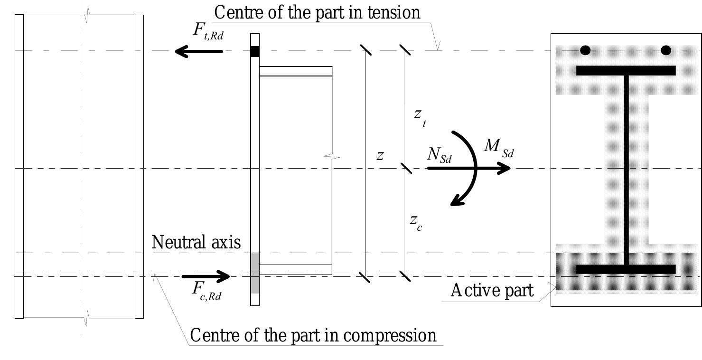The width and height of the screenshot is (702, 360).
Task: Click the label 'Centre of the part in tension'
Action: tap(317, 12)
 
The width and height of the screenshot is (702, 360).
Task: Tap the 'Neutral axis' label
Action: tap(196, 242)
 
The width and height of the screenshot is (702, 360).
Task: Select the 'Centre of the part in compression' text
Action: tap(313, 335)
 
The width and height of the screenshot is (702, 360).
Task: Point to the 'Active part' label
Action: tap(492, 290)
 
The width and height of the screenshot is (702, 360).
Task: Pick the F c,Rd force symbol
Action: tap(206, 291)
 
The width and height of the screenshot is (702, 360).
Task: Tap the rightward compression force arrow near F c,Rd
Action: tap(206, 276)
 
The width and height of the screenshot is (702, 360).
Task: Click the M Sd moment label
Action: tap(498, 148)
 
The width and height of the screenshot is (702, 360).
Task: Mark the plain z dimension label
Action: tap(380, 155)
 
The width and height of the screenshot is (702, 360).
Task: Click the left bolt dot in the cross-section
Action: tap(585, 50)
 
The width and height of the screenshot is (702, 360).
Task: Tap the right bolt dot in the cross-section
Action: tap(666, 50)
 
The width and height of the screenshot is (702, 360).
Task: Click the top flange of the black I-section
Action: tap(626, 71)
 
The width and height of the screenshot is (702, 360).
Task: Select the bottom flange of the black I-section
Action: tap(626, 269)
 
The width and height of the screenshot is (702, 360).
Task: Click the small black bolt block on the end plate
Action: tap(255, 51)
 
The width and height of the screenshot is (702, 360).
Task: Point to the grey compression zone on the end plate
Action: tap(255, 273)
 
